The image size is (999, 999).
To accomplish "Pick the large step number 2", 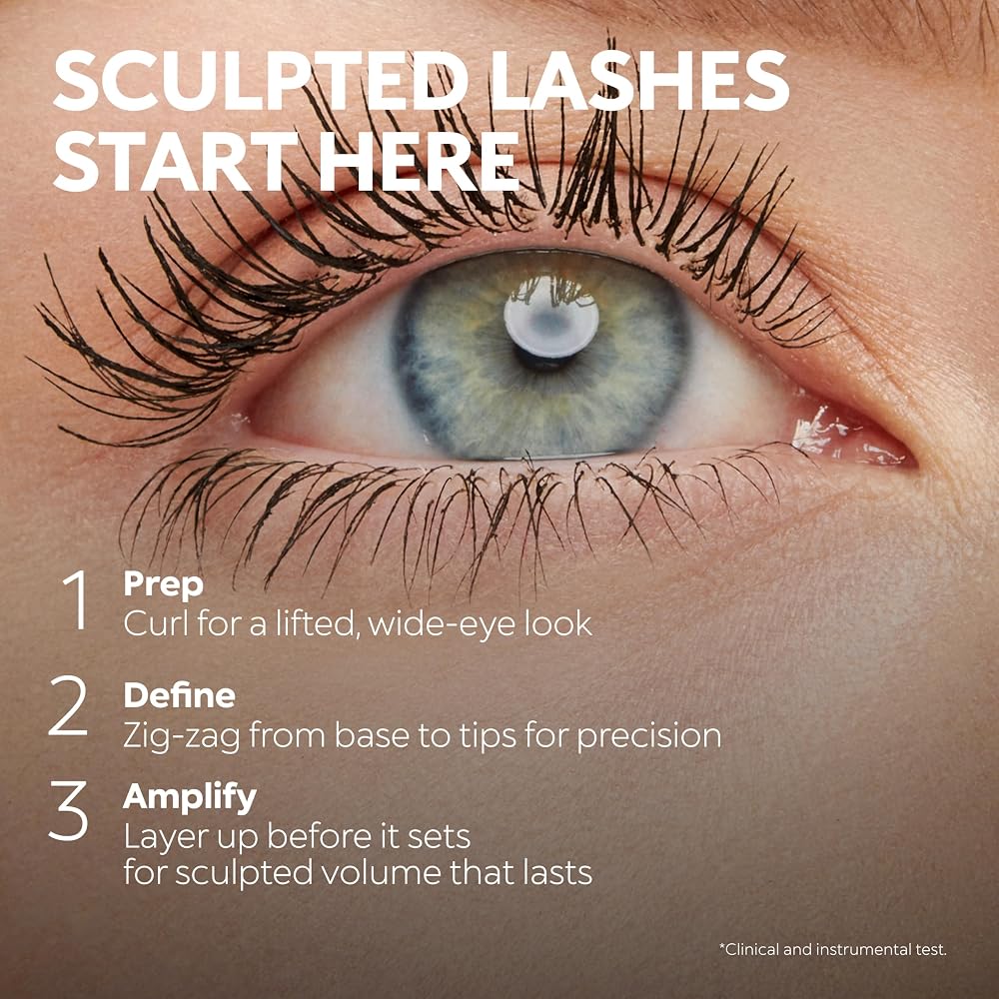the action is tap(68, 706).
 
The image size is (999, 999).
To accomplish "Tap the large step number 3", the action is tap(68, 810).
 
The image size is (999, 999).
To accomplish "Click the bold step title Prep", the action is tap(163, 584).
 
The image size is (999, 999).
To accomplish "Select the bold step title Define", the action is tap(179, 695).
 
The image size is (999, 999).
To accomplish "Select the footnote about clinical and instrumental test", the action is tap(833, 949).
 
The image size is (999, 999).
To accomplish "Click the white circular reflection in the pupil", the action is tap(551, 317).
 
